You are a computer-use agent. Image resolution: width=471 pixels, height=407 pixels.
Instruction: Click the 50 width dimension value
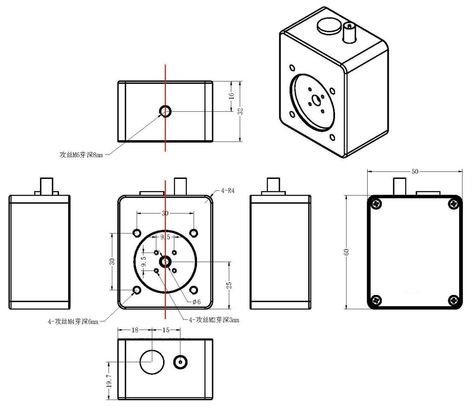click(414, 172)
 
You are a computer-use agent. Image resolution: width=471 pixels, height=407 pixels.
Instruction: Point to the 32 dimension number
click(241, 111)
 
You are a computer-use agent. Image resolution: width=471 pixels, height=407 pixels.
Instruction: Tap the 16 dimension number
click(231, 96)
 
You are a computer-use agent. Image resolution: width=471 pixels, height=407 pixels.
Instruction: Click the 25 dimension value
click(229, 285)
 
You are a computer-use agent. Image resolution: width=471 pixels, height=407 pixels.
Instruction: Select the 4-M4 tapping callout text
click(73, 322)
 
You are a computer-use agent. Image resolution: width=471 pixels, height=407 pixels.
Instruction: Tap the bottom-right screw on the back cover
click(453, 300)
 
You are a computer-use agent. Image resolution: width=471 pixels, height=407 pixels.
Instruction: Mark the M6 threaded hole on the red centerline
click(165, 111)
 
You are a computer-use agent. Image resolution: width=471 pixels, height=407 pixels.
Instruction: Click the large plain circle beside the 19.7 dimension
click(152, 361)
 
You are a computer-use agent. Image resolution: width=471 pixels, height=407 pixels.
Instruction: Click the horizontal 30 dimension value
click(165, 213)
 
